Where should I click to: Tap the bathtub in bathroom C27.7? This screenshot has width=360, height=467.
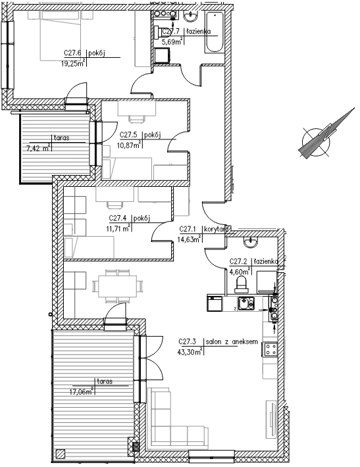click(x=214, y=32)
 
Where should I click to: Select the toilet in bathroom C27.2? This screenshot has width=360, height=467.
click(x=242, y=283)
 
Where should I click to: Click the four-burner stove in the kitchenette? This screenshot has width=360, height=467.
click(x=270, y=349)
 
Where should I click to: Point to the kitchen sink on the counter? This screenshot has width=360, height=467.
click(x=246, y=304)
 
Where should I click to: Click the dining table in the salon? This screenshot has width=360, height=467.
click(x=118, y=286)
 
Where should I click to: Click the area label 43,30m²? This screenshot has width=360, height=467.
click(x=190, y=352)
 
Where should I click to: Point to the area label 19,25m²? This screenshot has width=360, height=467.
click(x=73, y=63)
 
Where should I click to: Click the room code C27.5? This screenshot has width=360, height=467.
click(x=128, y=135)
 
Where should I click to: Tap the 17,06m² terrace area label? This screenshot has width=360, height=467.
click(x=82, y=391)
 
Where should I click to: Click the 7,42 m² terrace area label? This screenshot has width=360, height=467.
click(x=38, y=148)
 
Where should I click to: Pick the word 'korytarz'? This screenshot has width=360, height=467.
click(x=216, y=230)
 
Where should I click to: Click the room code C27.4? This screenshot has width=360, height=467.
click(x=118, y=218)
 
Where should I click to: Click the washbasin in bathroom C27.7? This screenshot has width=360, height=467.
click(x=191, y=16)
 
